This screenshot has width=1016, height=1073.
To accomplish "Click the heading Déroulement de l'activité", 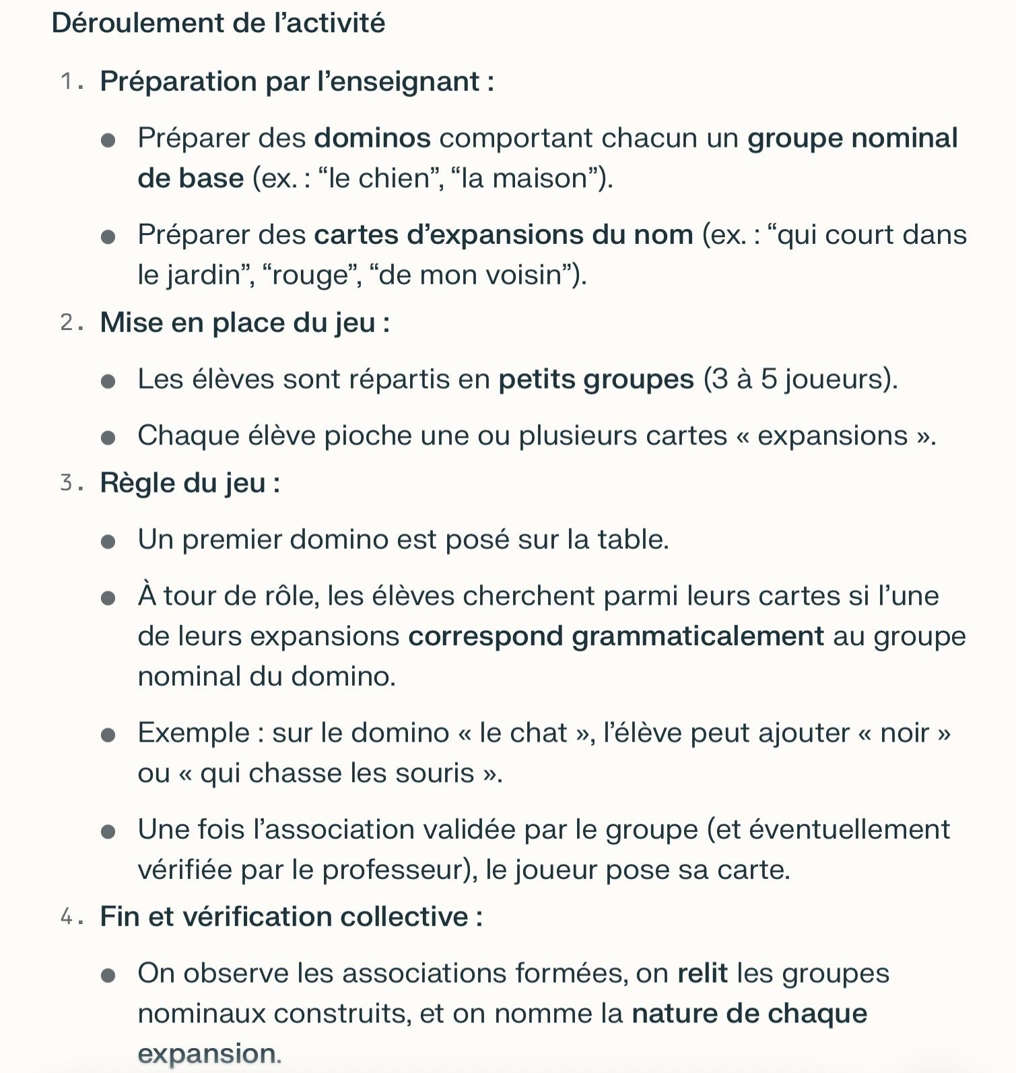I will click(218, 24).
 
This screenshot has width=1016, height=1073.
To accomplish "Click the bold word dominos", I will click(372, 138).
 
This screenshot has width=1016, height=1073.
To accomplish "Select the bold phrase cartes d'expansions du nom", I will click(503, 234).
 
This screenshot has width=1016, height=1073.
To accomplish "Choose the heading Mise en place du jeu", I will click(244, 323).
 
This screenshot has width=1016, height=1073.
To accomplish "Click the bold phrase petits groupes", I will click(596, 379).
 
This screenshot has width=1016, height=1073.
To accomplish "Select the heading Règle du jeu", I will click(189, 483).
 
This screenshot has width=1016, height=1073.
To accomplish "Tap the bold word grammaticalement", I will click(698, 637).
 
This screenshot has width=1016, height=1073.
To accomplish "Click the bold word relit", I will click(702, 973).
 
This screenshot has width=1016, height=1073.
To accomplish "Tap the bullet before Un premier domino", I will click(108, 542).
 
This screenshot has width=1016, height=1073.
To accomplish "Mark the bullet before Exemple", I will click(108, 735).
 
